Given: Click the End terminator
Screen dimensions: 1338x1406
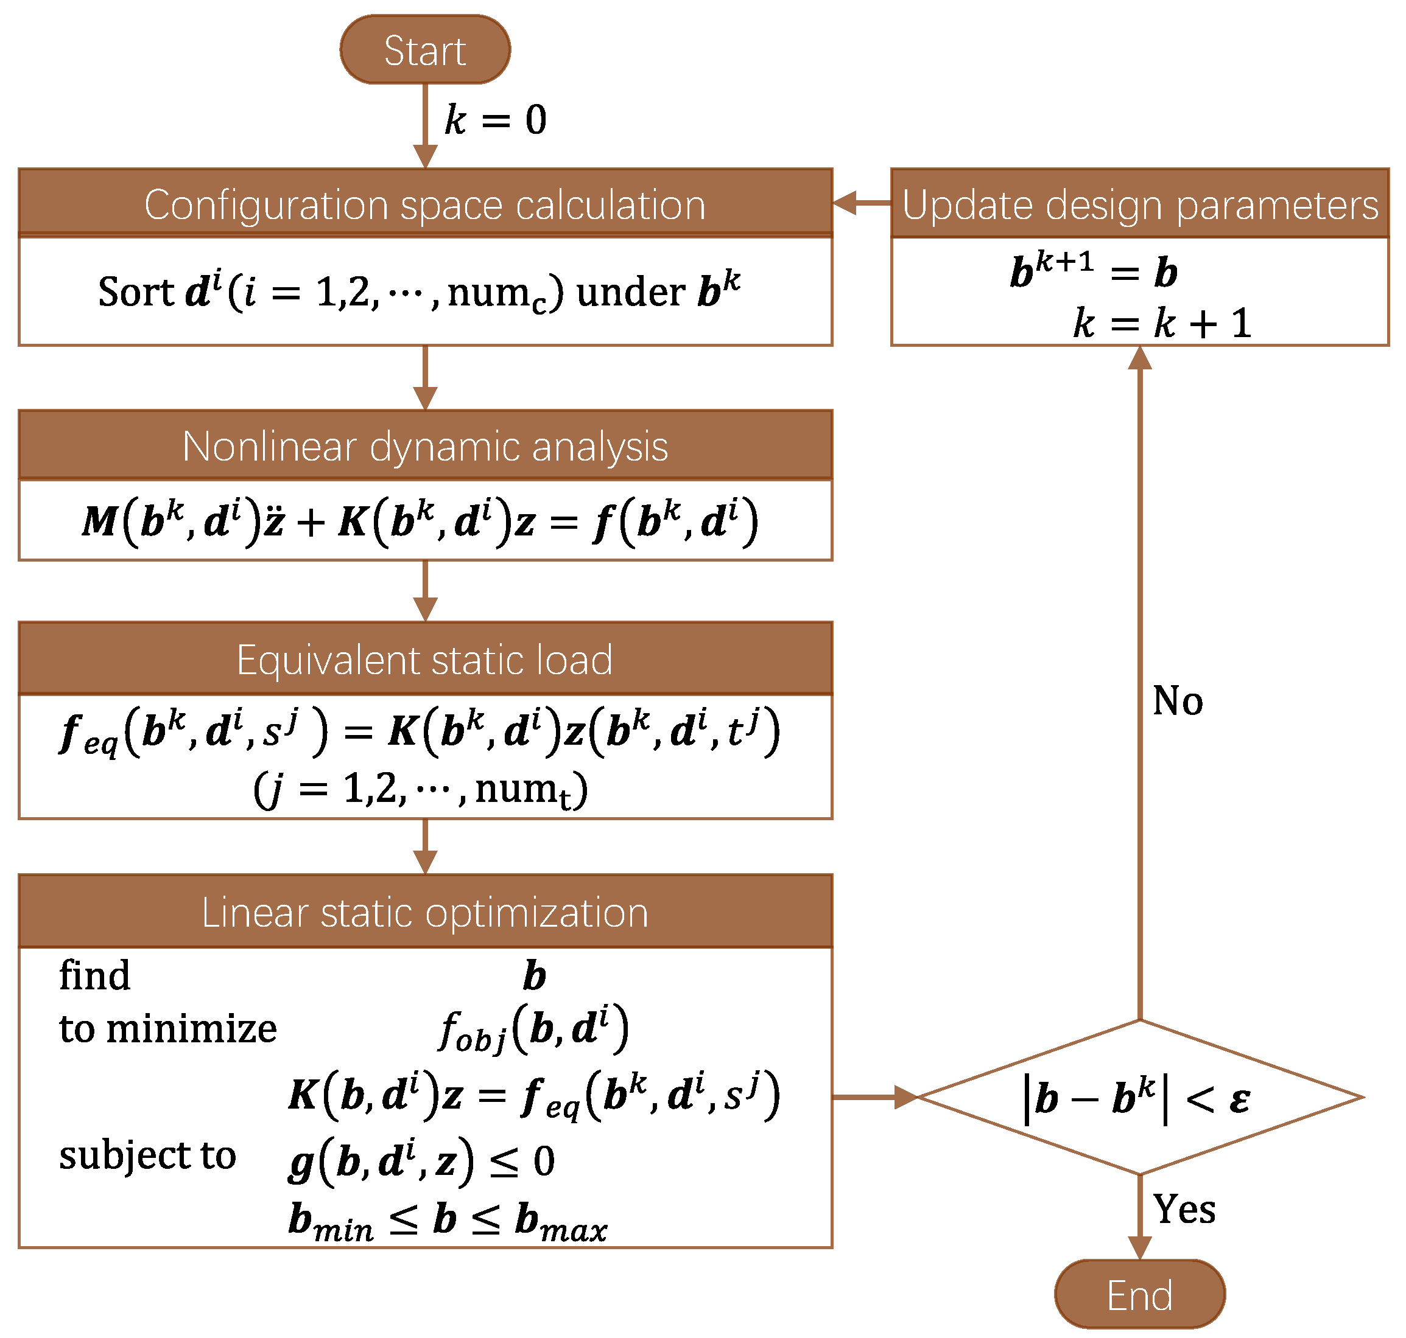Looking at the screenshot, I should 1139,1294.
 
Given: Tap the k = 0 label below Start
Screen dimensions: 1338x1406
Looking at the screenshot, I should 495,119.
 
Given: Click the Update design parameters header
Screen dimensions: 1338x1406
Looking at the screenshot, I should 1139,204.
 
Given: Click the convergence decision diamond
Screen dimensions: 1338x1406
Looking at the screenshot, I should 1139,1097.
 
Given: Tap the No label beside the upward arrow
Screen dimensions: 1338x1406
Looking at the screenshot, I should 1178,701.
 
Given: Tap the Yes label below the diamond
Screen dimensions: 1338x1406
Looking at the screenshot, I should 1184,1209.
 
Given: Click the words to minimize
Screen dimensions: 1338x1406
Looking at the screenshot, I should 167,1028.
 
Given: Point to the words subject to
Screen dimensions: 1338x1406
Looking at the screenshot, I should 147,1155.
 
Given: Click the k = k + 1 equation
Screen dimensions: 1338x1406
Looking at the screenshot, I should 1162,323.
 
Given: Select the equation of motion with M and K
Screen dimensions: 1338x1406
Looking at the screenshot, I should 420,521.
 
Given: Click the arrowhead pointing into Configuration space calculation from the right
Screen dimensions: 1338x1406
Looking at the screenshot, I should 845,203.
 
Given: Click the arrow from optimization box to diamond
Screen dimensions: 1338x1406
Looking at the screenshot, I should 875,1097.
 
